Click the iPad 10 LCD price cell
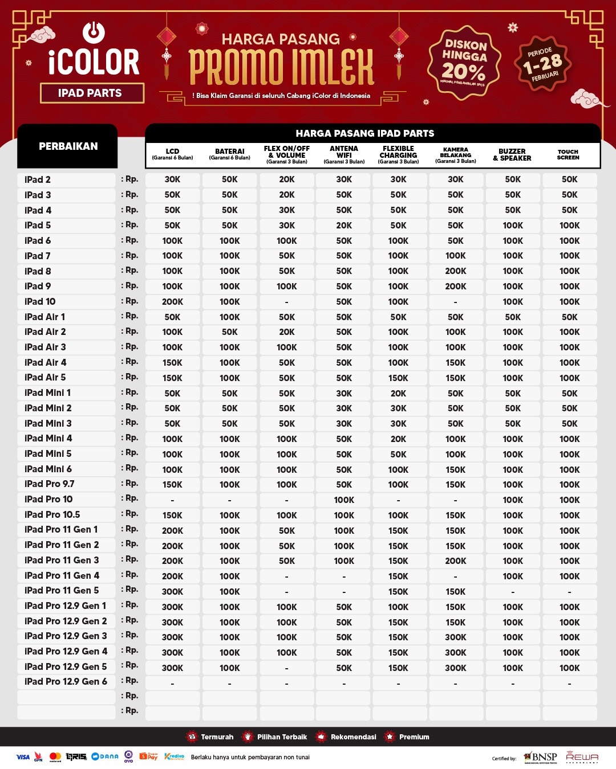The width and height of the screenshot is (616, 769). [172, 302]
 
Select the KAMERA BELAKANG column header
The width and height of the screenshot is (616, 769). [455, 155]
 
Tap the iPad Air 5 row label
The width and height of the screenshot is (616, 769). [46, 377]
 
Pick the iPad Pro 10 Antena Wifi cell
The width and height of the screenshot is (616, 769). [344, 500]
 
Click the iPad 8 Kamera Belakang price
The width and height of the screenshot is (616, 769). [455, 271]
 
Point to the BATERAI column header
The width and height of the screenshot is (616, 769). [229, 154]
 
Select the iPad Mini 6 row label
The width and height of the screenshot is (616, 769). [48, 469]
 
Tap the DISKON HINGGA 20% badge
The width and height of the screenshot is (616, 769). [464, 62]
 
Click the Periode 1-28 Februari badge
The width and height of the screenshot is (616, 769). [543, 63]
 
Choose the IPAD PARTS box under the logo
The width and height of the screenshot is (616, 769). [91, 93]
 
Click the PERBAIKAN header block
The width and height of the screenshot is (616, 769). [68, 146]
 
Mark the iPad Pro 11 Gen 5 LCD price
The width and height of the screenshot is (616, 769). [172, 592]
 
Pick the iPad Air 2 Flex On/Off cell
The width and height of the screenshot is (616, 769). [287, 332]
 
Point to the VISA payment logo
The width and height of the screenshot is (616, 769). [23, 757]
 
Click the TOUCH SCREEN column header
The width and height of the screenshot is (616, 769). [568, 154]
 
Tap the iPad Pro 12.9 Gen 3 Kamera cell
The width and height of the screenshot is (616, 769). [455, 637]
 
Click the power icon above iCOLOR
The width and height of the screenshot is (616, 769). [94, 32]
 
